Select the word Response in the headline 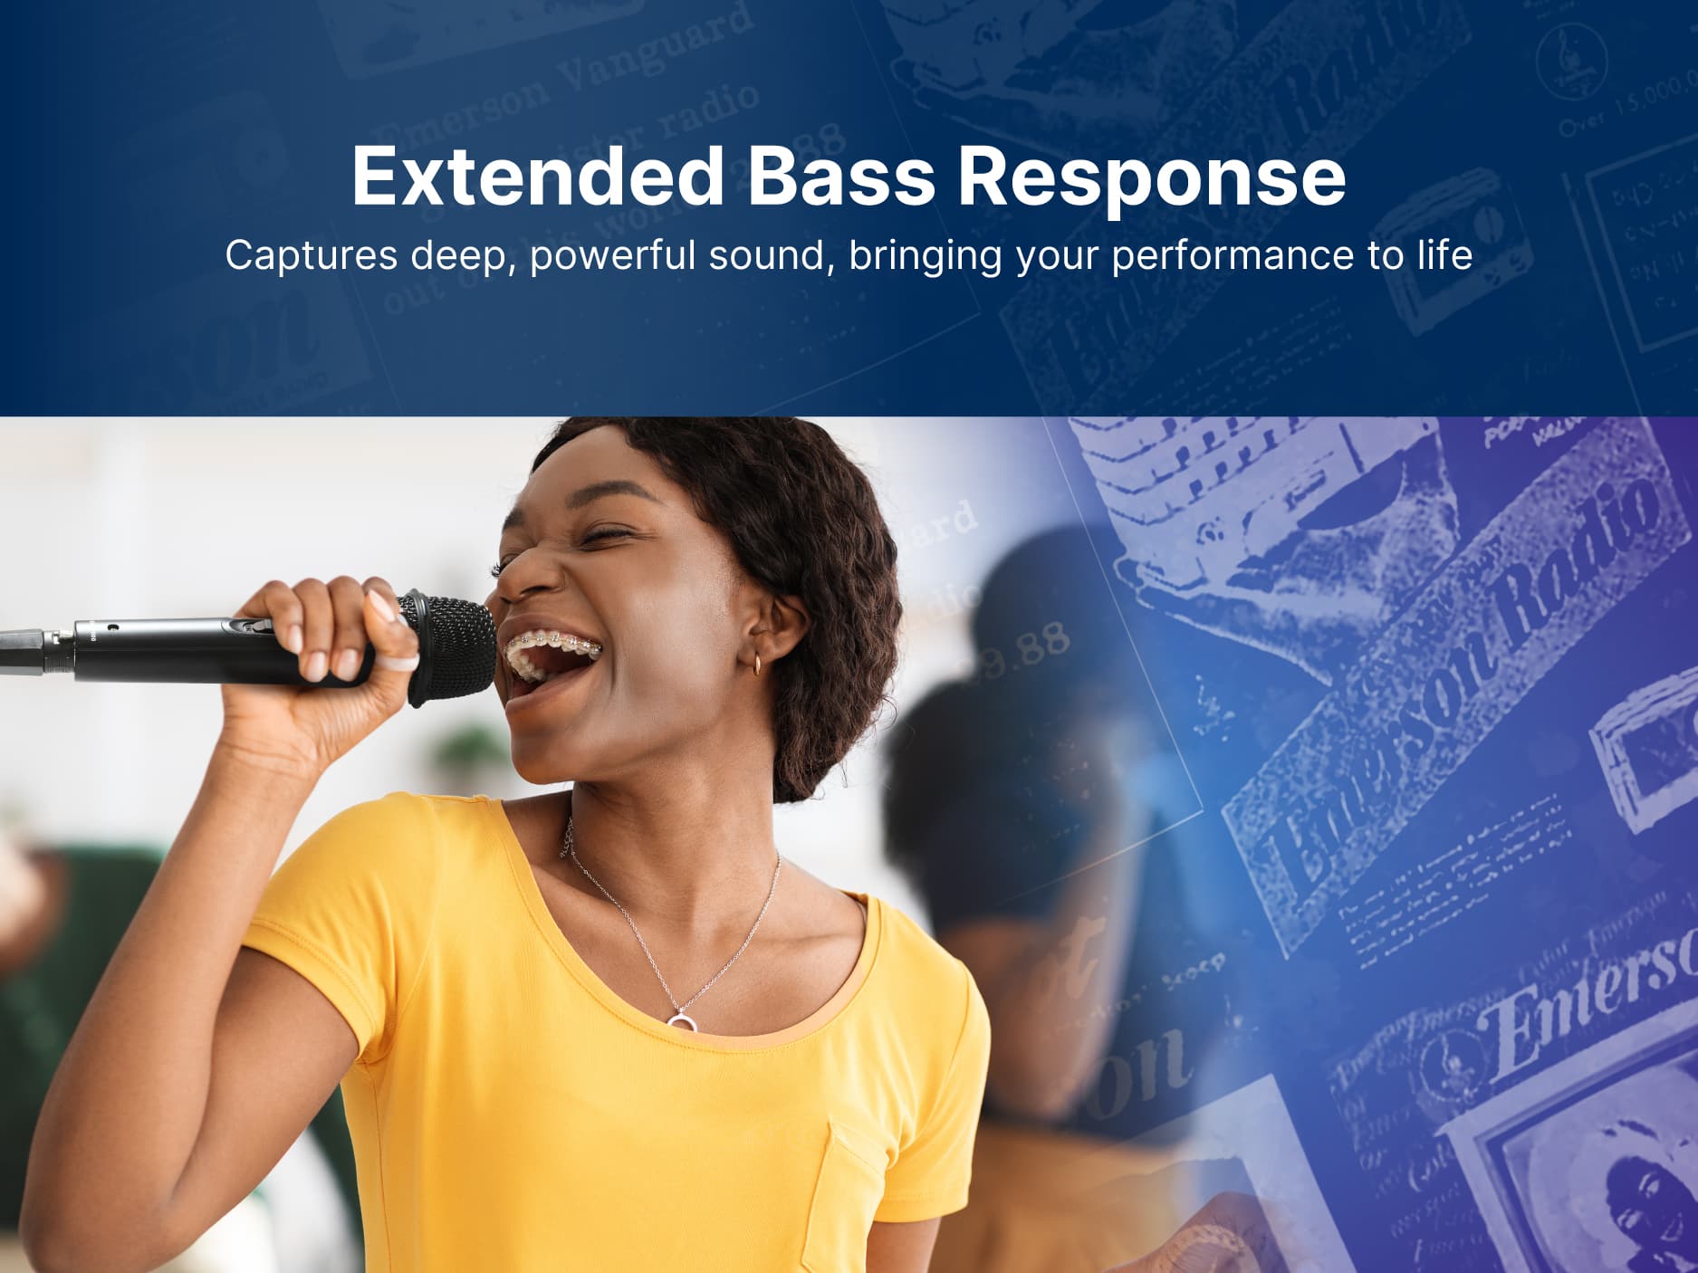(1151, 177)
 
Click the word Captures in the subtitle (311, 256)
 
